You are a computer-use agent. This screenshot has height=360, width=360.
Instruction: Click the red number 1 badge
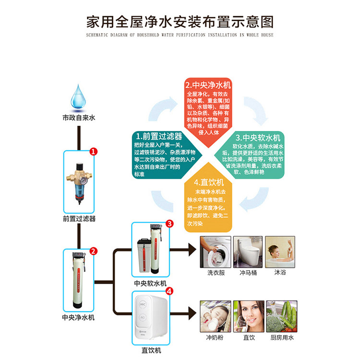[x=94, y=151]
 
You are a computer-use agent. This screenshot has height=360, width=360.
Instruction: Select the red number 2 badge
[x=94, y=251]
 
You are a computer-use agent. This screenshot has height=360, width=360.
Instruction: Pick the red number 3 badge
[x=169, y=224]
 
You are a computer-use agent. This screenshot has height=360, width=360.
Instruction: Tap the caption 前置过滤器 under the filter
[x=79, y=219]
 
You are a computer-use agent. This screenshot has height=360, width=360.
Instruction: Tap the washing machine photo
[x=216, y=251]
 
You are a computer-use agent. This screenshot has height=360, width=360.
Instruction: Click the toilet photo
[x=248, y=251]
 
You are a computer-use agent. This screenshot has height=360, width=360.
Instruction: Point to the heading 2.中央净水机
[x=208, y=85]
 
